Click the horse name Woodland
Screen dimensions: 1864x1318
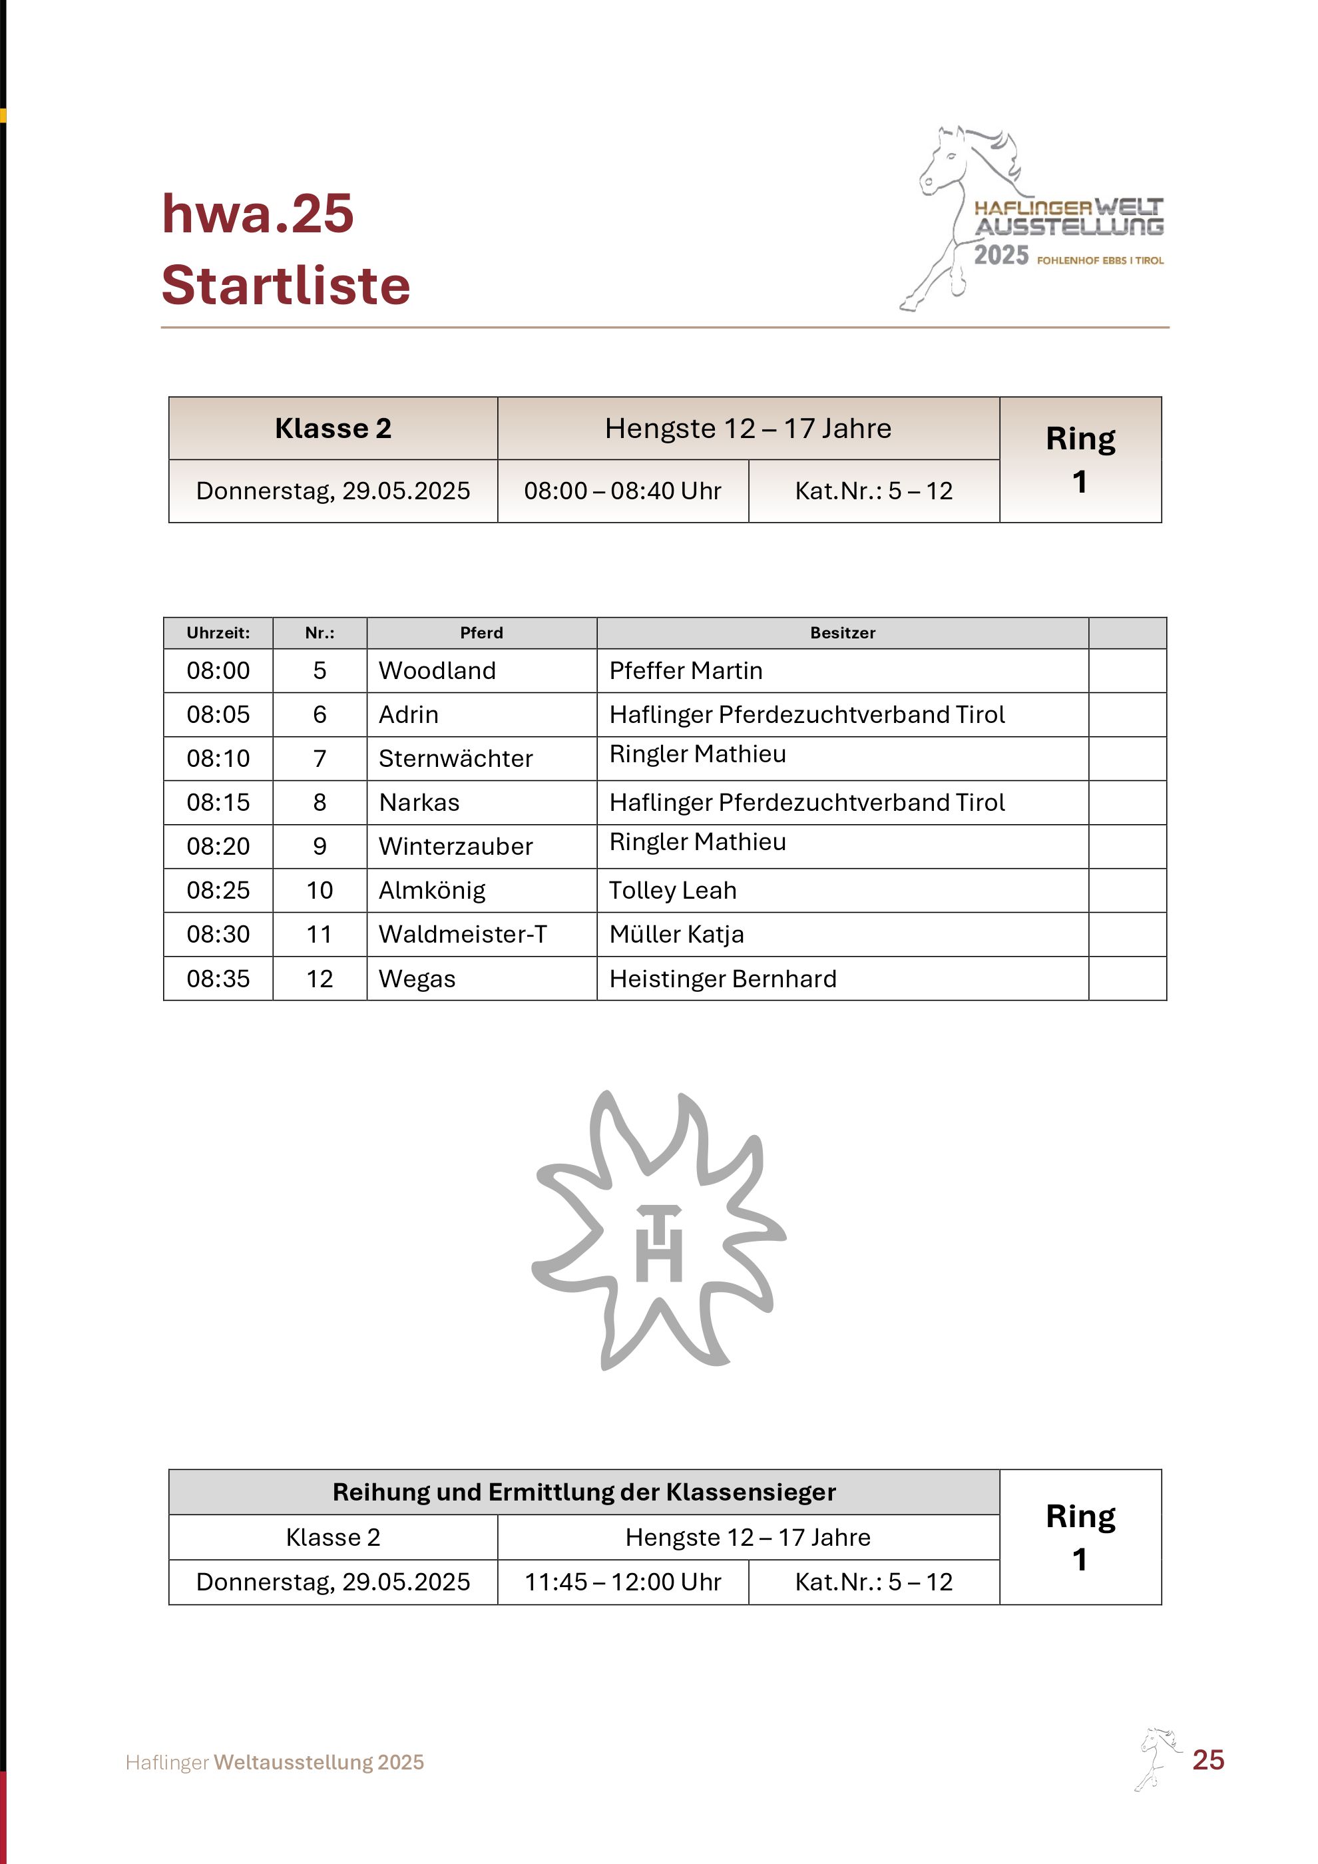(437, 670)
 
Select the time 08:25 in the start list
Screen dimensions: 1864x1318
(218, 891)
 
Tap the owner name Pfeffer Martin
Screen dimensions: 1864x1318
(685, 670)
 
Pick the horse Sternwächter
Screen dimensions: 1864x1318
(455, 758)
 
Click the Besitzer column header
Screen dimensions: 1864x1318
(843, 633)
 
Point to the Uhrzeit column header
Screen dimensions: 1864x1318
(218, 633)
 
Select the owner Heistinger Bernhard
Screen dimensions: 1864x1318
(722, 979)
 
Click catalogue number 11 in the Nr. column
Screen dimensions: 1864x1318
(320, 935)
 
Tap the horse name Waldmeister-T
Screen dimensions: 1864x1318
(463, 935)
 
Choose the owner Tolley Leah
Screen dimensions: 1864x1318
(672, 891)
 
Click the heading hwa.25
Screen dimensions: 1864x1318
(258, 214)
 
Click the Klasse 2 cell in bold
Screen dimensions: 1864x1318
(333, 429)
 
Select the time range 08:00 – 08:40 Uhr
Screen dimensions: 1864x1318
(622, 491)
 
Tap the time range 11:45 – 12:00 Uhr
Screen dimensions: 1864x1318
(622, 1582)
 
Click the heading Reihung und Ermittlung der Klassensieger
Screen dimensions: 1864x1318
(584, 1492)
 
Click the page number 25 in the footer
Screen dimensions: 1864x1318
(1208, 1760)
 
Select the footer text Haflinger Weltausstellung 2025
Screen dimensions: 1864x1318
(274, 1763)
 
